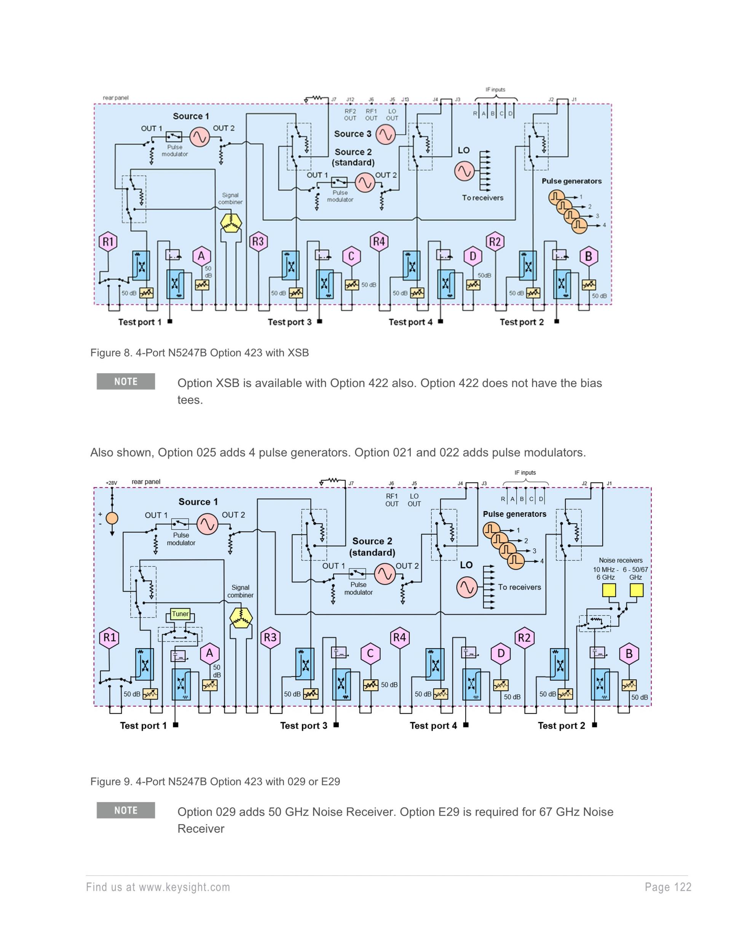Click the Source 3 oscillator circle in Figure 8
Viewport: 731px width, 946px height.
tap(385, 134)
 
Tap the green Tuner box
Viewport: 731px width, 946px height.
tap(180, 614)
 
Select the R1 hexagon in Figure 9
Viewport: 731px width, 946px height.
tap(110, 638)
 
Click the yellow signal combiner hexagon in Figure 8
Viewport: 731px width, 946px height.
tap(231, 223)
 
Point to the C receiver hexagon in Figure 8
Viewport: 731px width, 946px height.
tap(351, 256)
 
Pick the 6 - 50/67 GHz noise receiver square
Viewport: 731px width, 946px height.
tap(636, 590)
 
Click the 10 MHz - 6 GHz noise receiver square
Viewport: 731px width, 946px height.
tap(609, 590)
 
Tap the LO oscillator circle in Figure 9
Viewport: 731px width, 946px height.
tap(467, 587)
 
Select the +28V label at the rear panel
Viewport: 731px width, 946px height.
tap(111, 483)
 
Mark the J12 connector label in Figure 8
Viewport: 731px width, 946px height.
tap(350, 100)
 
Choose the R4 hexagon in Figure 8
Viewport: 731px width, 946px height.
tap(379, 241)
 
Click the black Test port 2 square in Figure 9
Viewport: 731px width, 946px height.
tap(594, 725)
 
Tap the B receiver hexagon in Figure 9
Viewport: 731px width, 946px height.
tap(629, 654)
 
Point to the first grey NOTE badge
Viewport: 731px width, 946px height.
tap(126, 381)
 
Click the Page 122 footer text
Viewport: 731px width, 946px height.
tap(668, 887)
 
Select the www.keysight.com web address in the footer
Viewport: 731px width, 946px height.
tap(185, 887)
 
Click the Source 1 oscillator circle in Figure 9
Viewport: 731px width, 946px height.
tap(207, 524)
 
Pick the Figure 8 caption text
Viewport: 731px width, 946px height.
tap(199, 353)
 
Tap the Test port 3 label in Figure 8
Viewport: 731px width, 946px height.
tap(289, 322)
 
